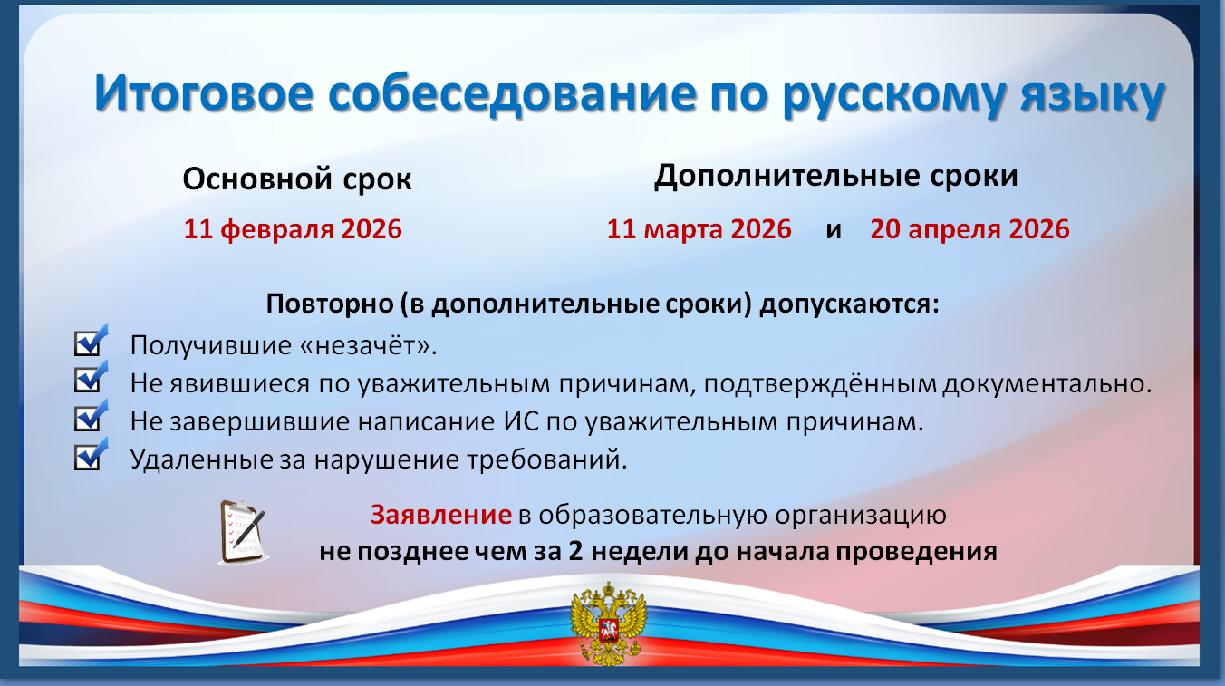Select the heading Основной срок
[297, 179]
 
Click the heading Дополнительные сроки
[835, 177]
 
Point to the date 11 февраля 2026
[293, 228]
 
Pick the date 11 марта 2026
[699, 228]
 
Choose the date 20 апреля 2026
[969, 228]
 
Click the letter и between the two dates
[833, 231]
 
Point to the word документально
[1047, 384]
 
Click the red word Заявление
[440, 515]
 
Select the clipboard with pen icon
[243, 532]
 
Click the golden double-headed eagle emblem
[608, 623]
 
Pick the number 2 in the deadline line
[575, 551]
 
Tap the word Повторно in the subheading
[330, 304]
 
